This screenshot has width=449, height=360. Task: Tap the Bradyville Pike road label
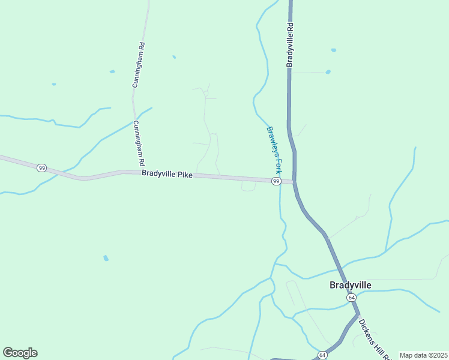(167, 174)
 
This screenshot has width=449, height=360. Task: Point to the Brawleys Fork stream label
(274, 150)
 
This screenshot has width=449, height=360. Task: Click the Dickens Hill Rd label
(372, 340)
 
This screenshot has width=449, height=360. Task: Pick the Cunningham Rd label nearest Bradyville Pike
(139, 143)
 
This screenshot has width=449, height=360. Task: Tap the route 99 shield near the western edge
(41, 168)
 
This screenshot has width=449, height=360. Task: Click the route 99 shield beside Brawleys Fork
(276, 181)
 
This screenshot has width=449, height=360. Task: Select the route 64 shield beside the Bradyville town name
(351, 298)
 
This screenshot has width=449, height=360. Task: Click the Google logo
(20, 353)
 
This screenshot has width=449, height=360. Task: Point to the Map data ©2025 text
(423, 355)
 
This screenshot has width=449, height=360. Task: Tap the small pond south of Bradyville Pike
(106, 258)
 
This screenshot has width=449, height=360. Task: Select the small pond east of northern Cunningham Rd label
(174, 57)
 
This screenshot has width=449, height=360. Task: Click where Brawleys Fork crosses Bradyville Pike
(280, 181)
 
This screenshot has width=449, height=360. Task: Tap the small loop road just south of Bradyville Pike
(249, 188)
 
